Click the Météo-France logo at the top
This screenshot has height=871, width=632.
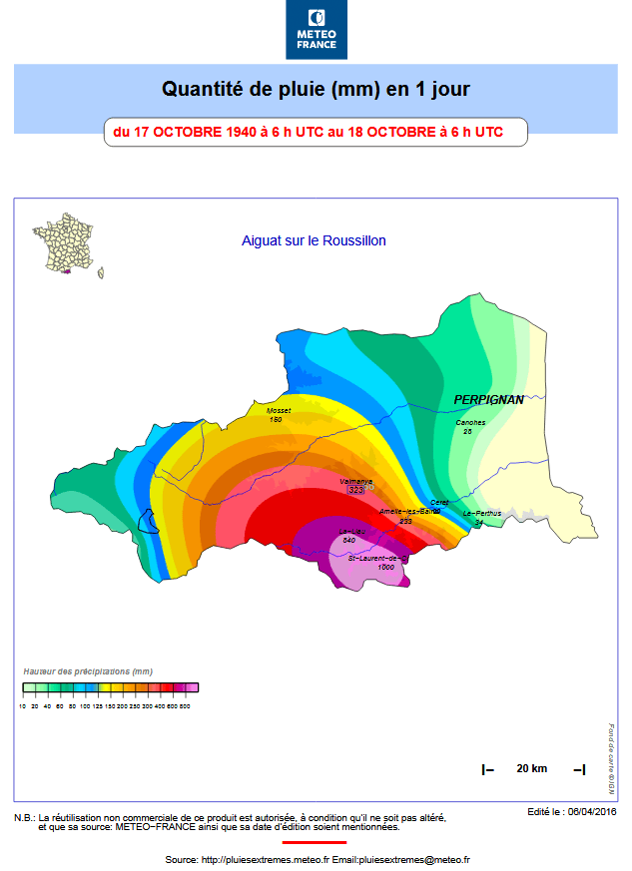coord(316,29)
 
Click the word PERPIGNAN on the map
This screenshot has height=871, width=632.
coord(489,399)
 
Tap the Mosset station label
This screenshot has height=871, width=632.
coord(278,410)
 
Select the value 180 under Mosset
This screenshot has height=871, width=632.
coord(277,419)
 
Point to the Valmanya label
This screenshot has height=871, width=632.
coord(356,481)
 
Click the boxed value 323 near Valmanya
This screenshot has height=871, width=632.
coord(355,490)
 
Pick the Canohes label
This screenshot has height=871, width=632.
coord(471,422)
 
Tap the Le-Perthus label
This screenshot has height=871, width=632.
coord(482,513)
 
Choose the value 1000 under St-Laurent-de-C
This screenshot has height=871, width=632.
coord(385,567)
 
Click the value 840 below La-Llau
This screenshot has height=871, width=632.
coord(348,540)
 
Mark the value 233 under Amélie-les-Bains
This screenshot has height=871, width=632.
coord(405,521)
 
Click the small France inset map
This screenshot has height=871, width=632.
coord(68,244)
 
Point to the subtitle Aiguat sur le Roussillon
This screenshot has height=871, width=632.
coord(314,240)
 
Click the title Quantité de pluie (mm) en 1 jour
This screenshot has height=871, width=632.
coord(316,90)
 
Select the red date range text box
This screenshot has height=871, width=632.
coord(316,132)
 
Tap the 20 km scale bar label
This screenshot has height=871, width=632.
coord(531,768)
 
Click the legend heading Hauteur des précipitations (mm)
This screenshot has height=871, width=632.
coord(88,671)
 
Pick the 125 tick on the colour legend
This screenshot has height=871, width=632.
coord(97,706)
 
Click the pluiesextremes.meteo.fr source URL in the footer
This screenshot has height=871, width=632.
coord(266,859)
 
